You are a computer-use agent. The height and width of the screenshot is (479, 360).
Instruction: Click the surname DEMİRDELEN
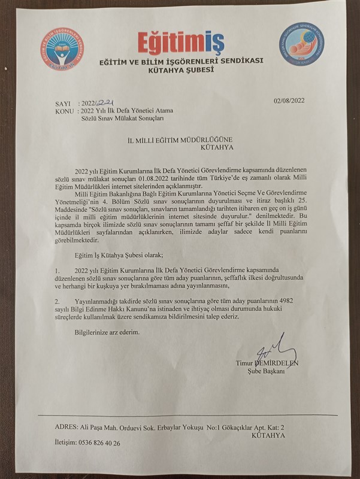click(279, 363)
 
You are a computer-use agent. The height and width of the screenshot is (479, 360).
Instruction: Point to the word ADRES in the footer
click(64, 428)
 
